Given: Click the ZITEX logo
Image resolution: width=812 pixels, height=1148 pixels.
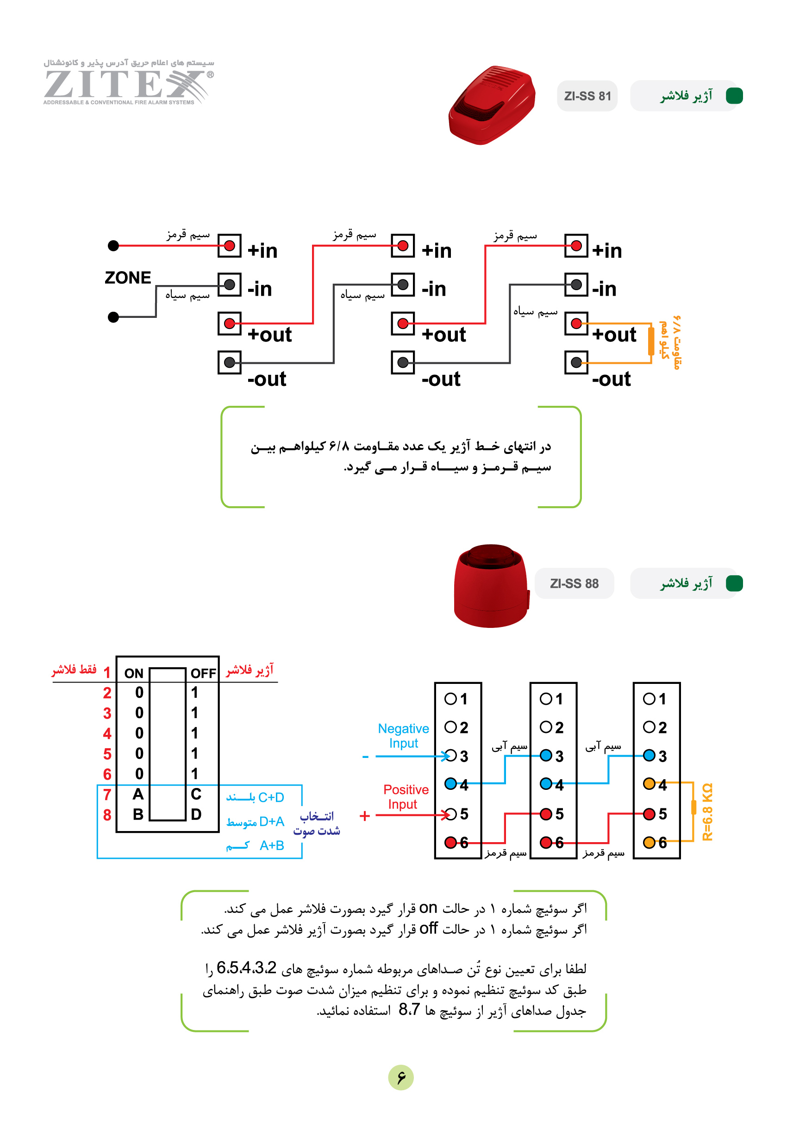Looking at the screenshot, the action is pyautogui.click(x=129, y=82).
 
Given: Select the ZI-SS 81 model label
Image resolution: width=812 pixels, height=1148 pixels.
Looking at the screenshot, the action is pyautogui.click(x=587, y=96).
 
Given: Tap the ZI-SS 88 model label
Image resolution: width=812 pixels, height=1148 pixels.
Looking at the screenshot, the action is pyautogui.click(x=575, y=583).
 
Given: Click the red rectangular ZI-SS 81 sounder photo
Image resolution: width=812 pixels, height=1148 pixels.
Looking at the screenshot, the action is pyautogui.click(x=492, y=105).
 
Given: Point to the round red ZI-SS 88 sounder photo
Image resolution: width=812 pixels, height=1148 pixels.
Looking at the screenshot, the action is pyautogui.click(x=491, y=586).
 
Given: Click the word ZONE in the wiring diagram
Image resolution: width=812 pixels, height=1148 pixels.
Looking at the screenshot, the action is pyautogui.click(x=128, y=278).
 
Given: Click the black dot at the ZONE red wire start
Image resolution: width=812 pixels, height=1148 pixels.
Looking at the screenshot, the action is pyautogui.click(x=113, y=246).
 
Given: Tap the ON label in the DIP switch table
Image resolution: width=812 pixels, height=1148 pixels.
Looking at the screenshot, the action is pyautogui.click(x=134, y=674).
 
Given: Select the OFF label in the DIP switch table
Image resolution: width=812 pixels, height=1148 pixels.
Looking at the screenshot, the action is pyautogui.click(x=203, y=674).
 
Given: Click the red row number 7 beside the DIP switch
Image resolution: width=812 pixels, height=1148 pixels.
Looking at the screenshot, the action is pyautogui.click(x=107, y=794).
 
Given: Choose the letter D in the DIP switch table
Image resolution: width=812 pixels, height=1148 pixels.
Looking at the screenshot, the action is pyautogui.click(x=196, y=814).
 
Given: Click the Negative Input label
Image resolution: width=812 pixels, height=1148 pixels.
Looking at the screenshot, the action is pyautogui.click(x=403, y=736).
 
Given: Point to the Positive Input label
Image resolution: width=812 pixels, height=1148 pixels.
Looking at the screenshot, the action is pyautogui.click(x=405, y=797).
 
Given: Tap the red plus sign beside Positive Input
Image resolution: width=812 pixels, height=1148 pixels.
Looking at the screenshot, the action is pyautogui.click(x=365, y=816).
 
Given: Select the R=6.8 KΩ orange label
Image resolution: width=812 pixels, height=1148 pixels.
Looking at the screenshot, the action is pyautogui.click(x=707, y=812).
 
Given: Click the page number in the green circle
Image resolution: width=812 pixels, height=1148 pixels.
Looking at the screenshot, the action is pyautogui.click(x=401, y=1078).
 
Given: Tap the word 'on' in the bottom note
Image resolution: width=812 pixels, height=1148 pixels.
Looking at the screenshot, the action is pyautogui.click(x=428, y=908).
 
